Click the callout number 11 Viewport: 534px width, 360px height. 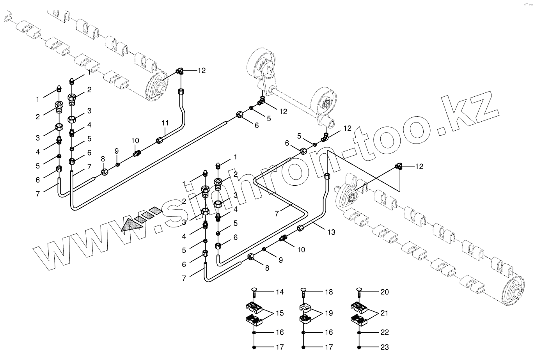(165, 122)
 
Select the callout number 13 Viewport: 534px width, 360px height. (331, 232)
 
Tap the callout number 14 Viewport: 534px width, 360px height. (279, 292)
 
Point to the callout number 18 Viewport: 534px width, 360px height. (329, 292)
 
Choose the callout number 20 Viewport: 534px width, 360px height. (384, 292)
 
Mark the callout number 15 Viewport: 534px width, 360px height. (279, 313)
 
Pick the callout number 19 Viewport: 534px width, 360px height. (329, 313)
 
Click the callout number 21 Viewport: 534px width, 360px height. (384, 313)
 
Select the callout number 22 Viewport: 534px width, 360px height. (384, 332)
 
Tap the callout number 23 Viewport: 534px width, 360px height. (384, 347)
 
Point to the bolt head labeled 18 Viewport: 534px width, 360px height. (304, 290)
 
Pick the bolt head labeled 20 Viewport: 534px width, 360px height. (359, 290)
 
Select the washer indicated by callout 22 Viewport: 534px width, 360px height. (359, 332)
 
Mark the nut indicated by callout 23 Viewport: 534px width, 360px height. (359, 347)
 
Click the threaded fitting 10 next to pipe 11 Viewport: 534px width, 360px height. (137, 153)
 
